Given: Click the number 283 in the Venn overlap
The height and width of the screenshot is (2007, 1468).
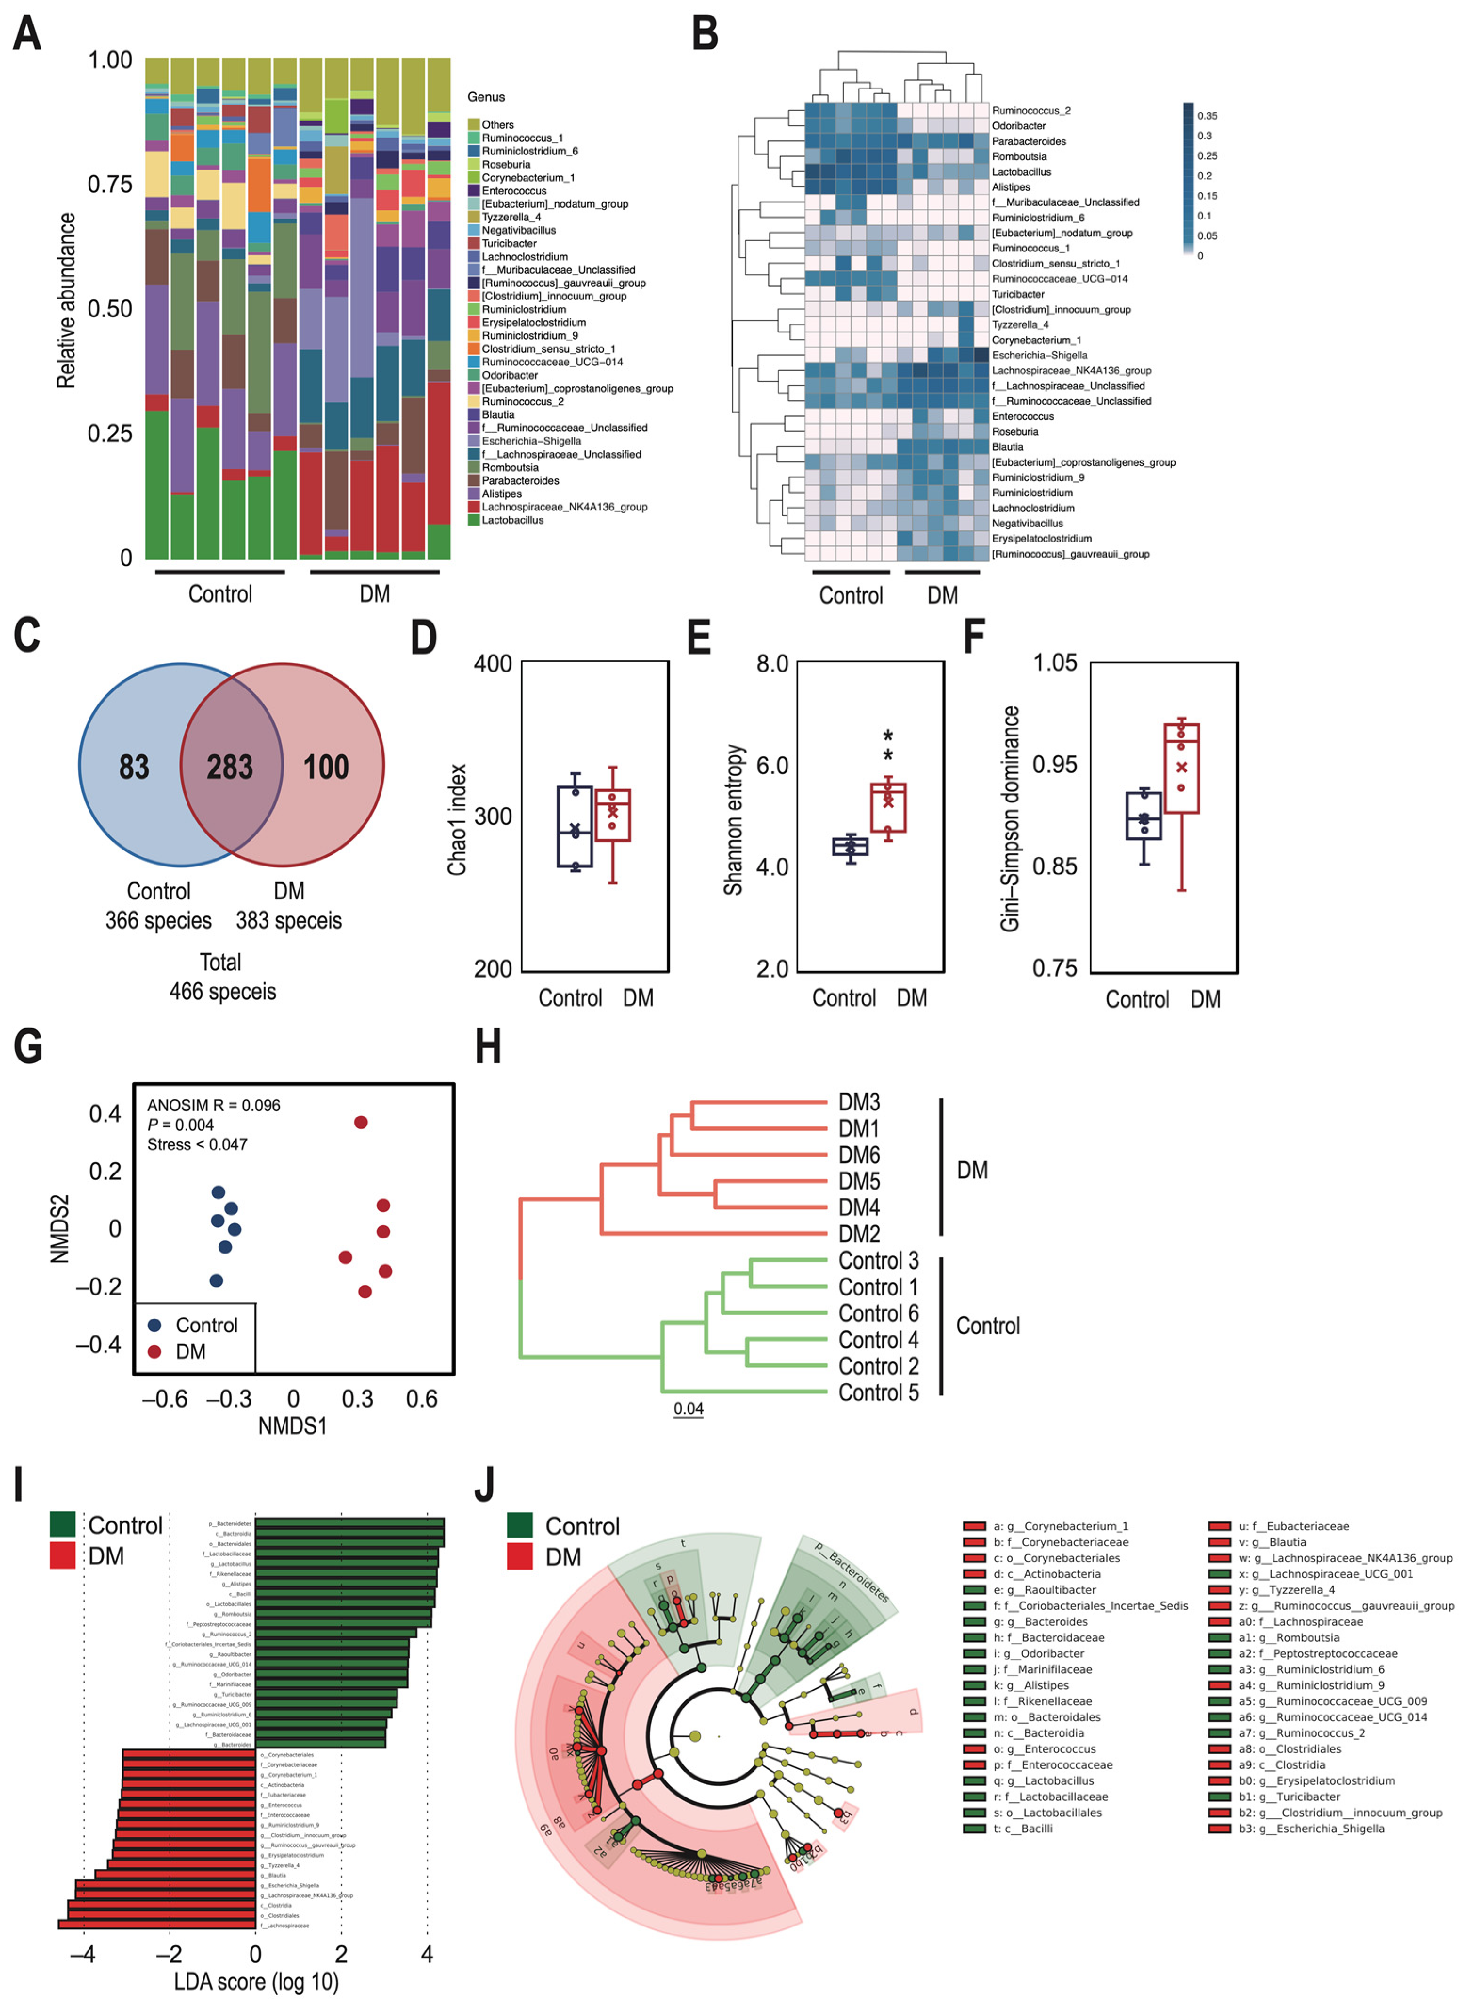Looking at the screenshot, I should pyautogui.click(x=230, y=767).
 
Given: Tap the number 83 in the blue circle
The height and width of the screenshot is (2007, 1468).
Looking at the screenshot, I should pyautogui.click(x=134, y=767).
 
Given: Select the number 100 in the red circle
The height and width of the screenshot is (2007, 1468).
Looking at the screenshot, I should pyautogui.click(x=326, y=767).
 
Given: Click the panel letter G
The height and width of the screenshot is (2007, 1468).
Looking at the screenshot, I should pyautogui.click(x=28, y=1047).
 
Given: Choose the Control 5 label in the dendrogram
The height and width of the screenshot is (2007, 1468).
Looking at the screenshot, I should pyautogui.click(x=878, y=1392).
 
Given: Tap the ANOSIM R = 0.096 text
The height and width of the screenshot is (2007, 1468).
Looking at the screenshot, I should pyautogui.click(x=213, y=1105).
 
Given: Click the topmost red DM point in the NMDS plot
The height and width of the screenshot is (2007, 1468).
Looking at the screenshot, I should pyautogui.click(x=361, y=1122).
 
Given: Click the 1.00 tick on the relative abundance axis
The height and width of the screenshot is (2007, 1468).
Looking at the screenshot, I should pyautogui.click(x=110, y=60).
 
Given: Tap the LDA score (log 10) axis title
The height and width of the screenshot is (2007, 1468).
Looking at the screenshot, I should pyautogui.click(x=256, y=1981).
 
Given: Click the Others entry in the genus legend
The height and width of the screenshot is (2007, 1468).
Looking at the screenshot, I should pyautogui.click(x=498, y=124).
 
